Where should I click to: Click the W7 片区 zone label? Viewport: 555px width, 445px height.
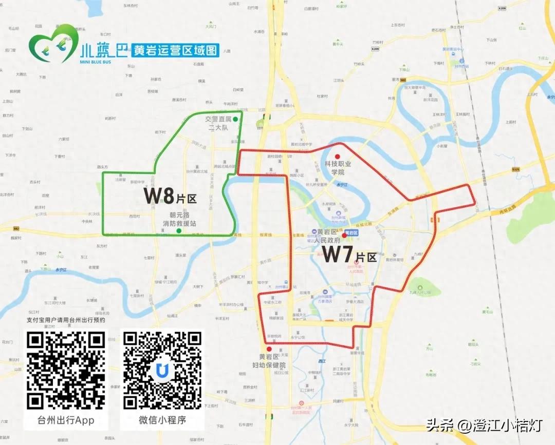tap(349, 255)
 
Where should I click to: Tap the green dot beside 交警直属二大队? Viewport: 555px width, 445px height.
tap(235, 119)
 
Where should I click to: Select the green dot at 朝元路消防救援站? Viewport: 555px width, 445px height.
tap(178, 231)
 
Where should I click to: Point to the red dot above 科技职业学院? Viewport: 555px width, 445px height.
tap(337, 157)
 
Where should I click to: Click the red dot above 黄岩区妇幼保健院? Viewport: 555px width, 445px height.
tap(269, 349)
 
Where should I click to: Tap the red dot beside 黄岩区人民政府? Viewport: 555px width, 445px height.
tap(344, 236)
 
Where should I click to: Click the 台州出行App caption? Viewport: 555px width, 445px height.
tap(66, 420)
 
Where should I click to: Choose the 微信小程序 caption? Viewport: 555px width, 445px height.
tap(162, 420)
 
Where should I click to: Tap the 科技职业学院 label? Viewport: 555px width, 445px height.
tap(337, 168)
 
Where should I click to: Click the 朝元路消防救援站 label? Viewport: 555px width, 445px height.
tap(179, 220)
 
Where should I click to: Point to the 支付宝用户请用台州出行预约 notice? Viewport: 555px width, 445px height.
tap(66, 320)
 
